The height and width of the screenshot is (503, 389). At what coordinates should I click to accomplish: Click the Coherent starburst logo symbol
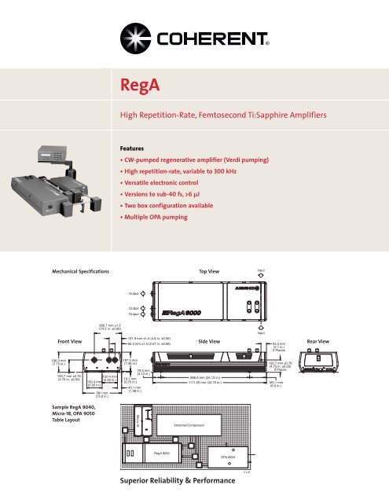tap(131, 37)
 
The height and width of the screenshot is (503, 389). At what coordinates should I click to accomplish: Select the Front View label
tap(50, 341)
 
